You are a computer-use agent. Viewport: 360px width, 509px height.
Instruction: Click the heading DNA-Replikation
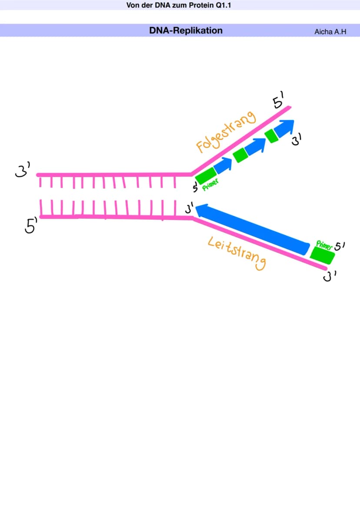[186, 30]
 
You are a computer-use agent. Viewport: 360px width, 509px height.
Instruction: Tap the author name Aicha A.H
[330, 31]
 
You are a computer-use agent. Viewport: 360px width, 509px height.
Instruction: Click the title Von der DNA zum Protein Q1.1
[179, 5]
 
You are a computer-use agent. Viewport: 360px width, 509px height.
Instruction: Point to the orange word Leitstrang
[237, 253]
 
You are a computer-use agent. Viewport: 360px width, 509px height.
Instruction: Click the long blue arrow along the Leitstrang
[253, 230]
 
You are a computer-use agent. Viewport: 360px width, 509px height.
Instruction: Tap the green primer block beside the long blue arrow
[322, 255]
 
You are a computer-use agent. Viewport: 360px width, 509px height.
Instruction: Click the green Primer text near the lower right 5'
[324, 245]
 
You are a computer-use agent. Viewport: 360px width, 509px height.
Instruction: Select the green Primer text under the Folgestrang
[210, 185]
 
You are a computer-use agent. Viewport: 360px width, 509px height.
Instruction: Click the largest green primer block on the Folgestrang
[206, 176]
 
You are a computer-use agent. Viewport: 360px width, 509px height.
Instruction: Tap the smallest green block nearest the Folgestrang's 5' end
[271, 136]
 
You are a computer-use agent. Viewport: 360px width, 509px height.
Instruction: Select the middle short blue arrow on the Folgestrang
[256, 146]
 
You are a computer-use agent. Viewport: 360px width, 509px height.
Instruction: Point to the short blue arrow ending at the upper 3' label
[284, 128]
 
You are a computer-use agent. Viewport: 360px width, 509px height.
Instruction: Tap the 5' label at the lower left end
[31, 225]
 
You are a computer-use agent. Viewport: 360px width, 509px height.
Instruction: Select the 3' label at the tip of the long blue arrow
[189, 208]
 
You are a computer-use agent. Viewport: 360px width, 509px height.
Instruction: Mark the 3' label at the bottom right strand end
[330, 276]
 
